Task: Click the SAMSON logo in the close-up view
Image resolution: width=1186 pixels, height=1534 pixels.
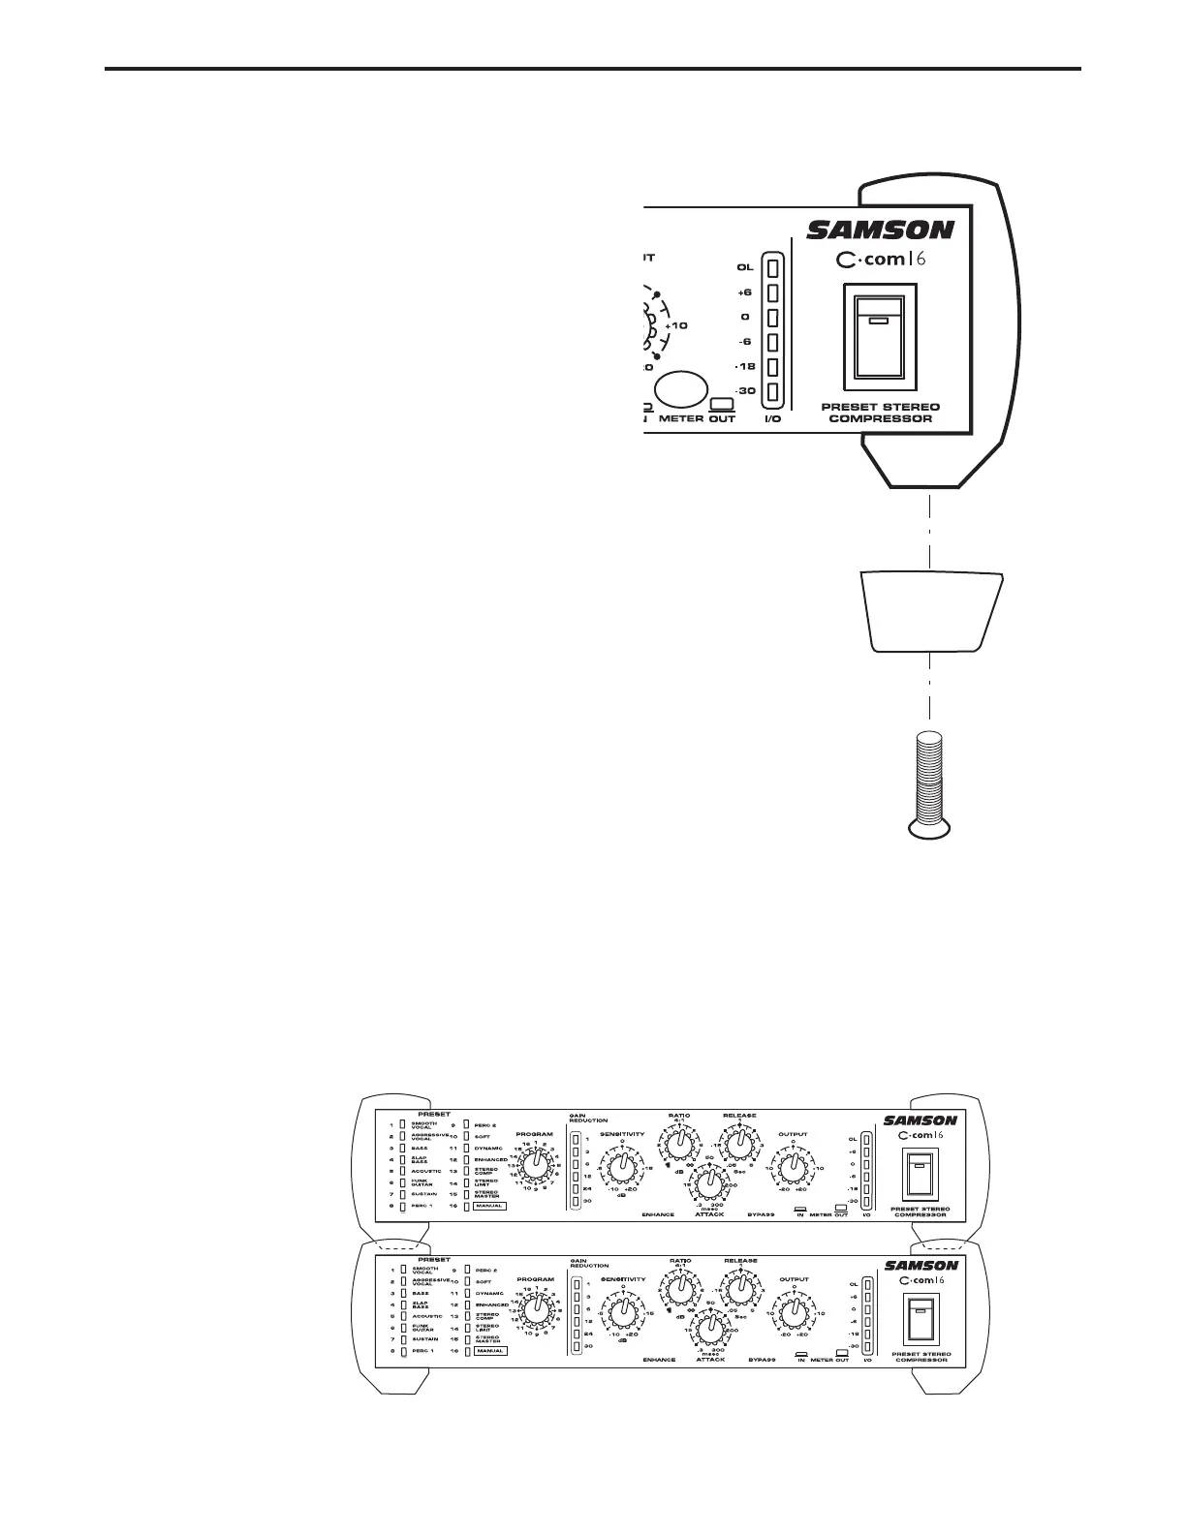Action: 881,230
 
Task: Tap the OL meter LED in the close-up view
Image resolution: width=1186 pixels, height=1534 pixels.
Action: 773,267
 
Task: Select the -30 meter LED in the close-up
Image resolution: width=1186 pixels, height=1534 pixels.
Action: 773,392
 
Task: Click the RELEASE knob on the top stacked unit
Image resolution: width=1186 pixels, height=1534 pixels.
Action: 739,1144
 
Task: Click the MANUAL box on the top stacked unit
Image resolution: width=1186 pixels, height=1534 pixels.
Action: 490,1207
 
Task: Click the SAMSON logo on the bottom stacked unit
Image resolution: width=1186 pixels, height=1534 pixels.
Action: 921,1265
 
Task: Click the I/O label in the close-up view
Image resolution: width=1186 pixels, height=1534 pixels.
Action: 773,419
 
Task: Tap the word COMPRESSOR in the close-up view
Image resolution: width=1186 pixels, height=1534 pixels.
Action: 881,419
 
